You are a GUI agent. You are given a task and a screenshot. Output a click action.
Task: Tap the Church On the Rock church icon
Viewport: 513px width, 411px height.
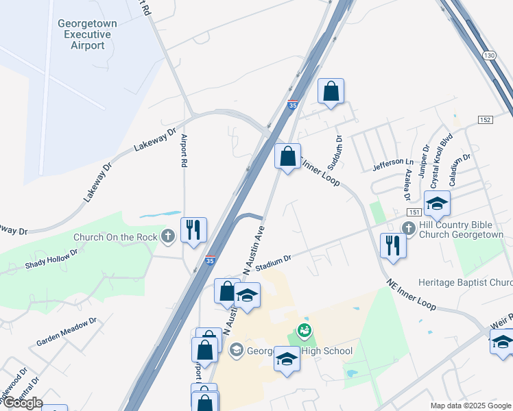[169, 237]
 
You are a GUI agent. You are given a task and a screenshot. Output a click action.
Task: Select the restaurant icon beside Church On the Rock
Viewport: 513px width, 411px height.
[193, 229]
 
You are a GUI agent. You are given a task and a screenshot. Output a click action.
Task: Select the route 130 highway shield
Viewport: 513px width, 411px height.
[488, 55]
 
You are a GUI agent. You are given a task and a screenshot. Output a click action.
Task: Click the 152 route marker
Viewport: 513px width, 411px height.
[485, 120]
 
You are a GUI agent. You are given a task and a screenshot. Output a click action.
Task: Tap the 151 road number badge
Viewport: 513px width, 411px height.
[414, 213]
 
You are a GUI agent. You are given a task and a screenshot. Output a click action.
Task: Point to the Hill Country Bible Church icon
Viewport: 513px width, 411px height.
[408, 228]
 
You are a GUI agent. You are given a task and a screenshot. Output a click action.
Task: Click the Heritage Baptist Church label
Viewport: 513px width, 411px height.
[465, 282]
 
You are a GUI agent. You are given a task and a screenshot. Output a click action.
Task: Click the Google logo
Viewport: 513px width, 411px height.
[22, 403]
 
